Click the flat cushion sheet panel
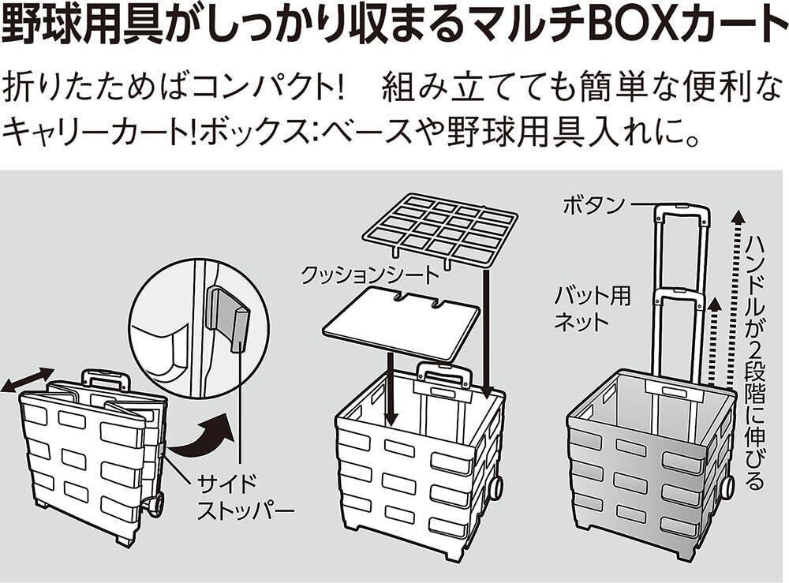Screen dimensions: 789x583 click(402, 320)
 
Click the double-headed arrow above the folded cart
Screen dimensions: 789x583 click(28, 379)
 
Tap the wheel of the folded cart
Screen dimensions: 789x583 click(155, 502)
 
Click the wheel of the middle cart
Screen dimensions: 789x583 click(495, 487)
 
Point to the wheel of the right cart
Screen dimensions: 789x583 click(726, 487)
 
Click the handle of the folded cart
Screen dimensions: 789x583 click(105, 379)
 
